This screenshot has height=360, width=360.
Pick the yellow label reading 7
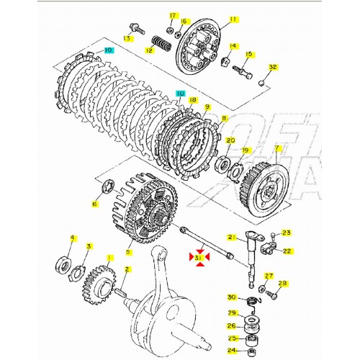click(x=276, y=150)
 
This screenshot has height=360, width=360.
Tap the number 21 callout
click(x=232, y=237)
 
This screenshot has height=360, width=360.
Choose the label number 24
click(x=232, y=351)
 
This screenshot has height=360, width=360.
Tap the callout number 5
click(x=128, y=251)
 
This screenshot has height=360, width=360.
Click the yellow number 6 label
click(x=94, y=204)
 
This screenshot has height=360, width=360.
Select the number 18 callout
click(x=193, y=101)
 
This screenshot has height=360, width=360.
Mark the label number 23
click(x=285, y=233)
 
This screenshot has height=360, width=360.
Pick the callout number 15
click(x=249, y=54)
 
